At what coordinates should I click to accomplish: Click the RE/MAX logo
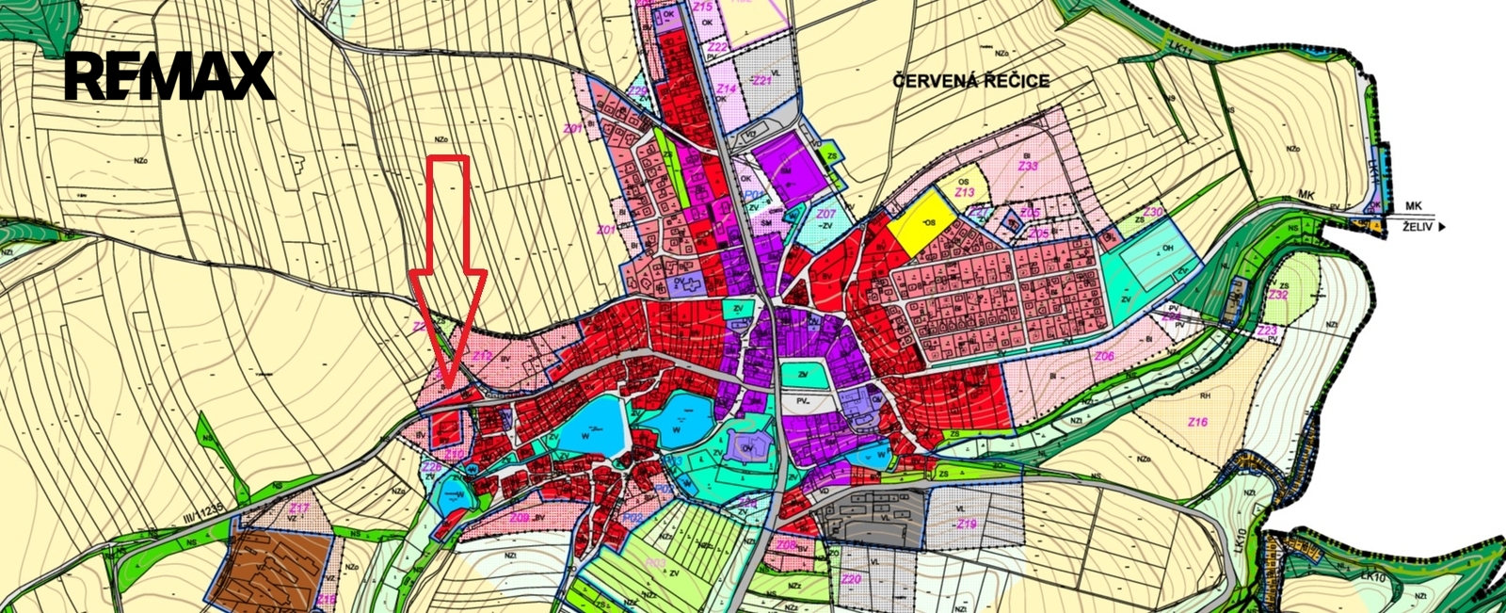[x=169, y=76]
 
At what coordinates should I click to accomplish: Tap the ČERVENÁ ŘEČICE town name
[x=970, y=81]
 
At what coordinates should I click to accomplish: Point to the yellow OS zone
[x=923, y=222]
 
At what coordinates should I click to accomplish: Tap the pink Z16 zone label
[x=1197, y=422]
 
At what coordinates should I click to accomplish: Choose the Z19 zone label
[x=967, y=524]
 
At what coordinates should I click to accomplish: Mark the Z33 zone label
[x=1028, y=166]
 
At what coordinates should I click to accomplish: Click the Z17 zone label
[x=298, y=508]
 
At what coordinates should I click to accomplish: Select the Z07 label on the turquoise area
[x=825, y=215]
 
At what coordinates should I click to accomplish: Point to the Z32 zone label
[x=1277, y=295]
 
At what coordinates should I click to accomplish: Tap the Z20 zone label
[x=852, y=578]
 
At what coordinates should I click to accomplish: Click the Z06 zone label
[x=1104, y=356]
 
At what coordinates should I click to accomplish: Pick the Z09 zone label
[x=519, y=517]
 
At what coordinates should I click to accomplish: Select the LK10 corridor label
[x=1239, y=540]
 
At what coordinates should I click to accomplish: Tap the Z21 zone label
[x=761, y=81]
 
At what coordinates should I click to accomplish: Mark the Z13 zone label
[x=964, y=192]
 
